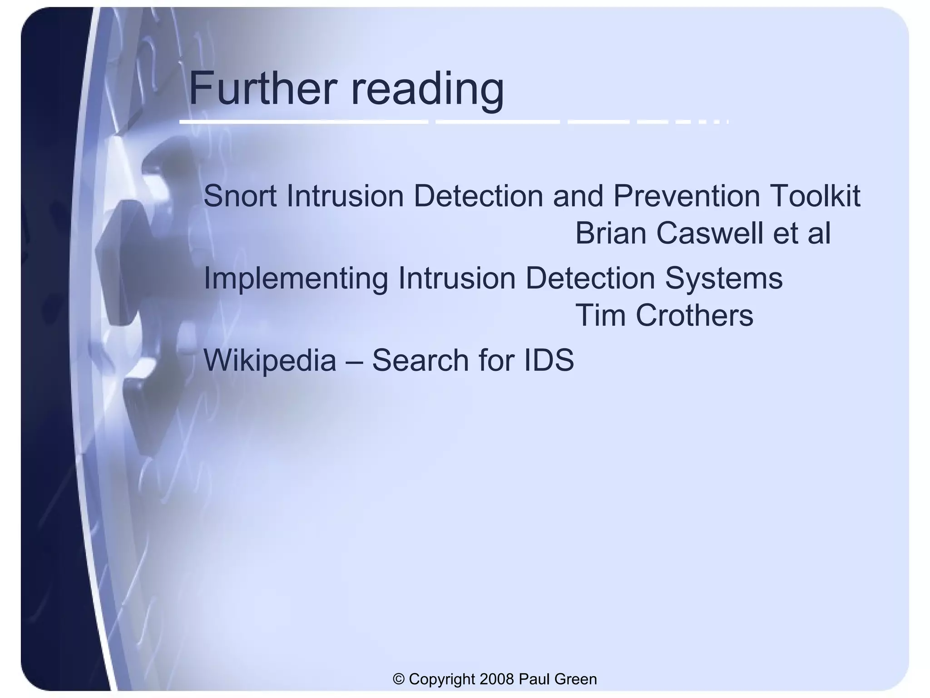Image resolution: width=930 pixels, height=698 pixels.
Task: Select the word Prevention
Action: tap(687, 196)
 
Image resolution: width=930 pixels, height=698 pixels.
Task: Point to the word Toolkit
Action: tap(815, 196)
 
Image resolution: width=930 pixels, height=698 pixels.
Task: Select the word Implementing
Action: tap(296, 279)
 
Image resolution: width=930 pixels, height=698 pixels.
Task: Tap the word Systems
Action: tap(724, 278)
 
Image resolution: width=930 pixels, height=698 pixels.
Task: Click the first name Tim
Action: tap(600, 315)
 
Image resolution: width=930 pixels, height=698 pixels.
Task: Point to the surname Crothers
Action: tap(694, 315)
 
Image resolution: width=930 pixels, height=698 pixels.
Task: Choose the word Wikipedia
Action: tap(270, 361)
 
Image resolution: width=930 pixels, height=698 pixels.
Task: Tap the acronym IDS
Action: tap(549, 360)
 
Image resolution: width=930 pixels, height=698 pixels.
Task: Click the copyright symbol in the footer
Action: tap(399, 679)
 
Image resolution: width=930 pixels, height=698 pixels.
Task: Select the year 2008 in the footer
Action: tap(497, 679)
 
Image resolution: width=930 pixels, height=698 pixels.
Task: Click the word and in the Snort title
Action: tap(578, 196)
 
